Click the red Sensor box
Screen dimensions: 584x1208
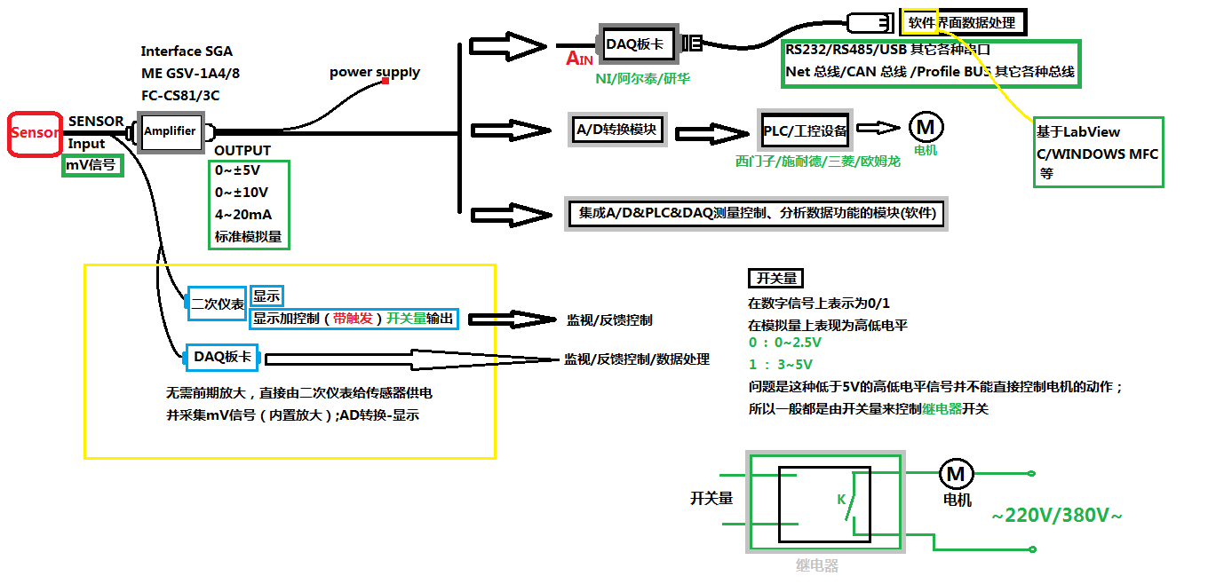point(35,134)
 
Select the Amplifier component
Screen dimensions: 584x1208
point(170,131)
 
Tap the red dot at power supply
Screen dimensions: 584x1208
point(386,82)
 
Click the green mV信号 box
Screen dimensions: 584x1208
point(91,165)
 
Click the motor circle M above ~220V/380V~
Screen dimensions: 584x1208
point(955,475)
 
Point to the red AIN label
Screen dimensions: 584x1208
point(579,59)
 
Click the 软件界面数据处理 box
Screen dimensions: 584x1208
point(960,22)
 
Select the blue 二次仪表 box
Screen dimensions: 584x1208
point(218,304)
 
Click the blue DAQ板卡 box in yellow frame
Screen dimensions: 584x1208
point(221,357)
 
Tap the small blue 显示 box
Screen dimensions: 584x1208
point(266,296)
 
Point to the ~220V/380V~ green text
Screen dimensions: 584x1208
point(1056,515)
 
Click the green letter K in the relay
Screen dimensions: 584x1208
point(841,500)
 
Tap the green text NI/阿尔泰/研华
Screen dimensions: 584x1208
point(642,78)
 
